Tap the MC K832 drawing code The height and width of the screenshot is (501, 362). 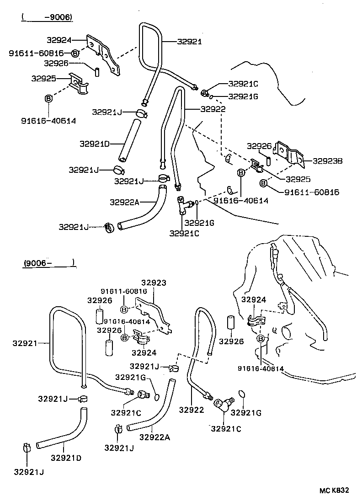point(334,490)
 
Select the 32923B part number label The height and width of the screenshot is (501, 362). point(328,161)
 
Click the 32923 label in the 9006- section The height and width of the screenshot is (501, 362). point(153,283)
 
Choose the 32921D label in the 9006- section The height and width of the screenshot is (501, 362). point(66,458)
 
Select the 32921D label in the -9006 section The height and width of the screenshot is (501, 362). point(95,144)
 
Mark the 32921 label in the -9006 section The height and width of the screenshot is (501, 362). point(189,41)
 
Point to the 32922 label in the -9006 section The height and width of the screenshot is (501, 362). point(212,109)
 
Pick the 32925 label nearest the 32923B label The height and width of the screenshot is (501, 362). point(298,179)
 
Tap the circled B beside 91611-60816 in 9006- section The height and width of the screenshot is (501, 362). point(124,300)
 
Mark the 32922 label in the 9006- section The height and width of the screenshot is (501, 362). point(191,410)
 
